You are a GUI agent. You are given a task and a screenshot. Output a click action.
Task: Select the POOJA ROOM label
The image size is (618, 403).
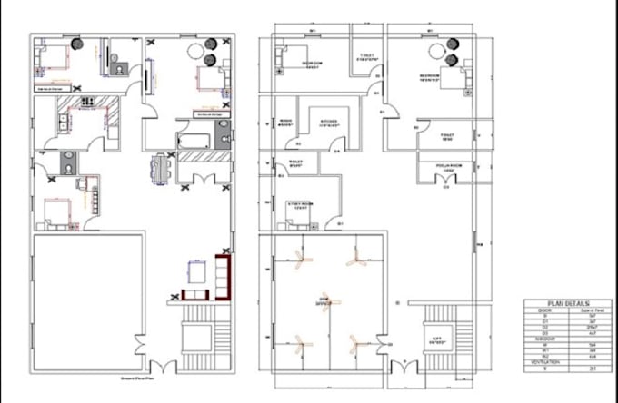tap(445, 170)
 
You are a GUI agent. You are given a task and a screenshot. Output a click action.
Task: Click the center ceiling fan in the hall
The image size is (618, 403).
tap(324, 300)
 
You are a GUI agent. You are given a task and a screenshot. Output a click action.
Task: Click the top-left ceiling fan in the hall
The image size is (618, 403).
tap(300, 259)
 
